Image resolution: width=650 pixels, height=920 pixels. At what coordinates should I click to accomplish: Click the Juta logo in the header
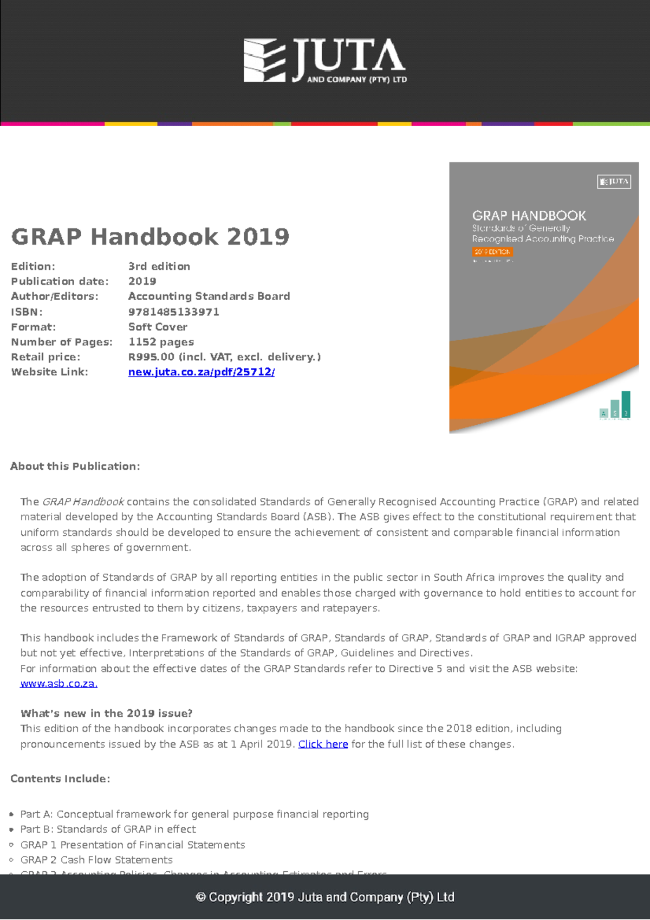point(325,61)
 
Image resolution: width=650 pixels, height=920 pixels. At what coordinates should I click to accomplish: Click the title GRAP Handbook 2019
point(150,237)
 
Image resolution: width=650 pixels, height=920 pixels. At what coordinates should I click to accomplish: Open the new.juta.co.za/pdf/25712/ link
point(201,372)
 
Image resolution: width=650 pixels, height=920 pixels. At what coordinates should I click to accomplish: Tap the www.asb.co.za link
point(58,684)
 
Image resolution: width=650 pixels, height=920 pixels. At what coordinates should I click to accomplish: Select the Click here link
point(323,744)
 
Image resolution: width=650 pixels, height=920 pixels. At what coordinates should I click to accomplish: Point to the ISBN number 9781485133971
point(173,312)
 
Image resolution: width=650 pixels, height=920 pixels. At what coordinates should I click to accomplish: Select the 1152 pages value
point(161,342)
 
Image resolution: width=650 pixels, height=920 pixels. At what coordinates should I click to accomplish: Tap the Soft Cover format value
point(158,327)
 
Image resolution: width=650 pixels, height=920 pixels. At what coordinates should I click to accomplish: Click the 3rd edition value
point(159,267)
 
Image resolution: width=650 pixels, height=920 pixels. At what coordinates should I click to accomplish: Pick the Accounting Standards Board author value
point(209,296)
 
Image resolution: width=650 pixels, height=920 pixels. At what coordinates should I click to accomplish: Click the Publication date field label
point(60,281)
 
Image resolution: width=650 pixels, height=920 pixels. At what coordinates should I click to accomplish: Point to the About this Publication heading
point(75,467)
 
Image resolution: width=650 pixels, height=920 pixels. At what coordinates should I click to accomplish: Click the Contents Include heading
point(60,779)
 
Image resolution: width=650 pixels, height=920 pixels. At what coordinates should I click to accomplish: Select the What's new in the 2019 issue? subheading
point(106,714)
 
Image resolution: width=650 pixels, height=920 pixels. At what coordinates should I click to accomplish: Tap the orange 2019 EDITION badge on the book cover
point(492,252)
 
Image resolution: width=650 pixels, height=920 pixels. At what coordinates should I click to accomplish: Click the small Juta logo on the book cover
point(614,182)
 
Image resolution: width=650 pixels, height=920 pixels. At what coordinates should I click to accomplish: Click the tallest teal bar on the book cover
point(626,404)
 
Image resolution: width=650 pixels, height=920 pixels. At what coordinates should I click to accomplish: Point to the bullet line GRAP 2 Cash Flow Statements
point(96,860)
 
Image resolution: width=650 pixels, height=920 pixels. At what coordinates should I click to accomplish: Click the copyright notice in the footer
point(325,897)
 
